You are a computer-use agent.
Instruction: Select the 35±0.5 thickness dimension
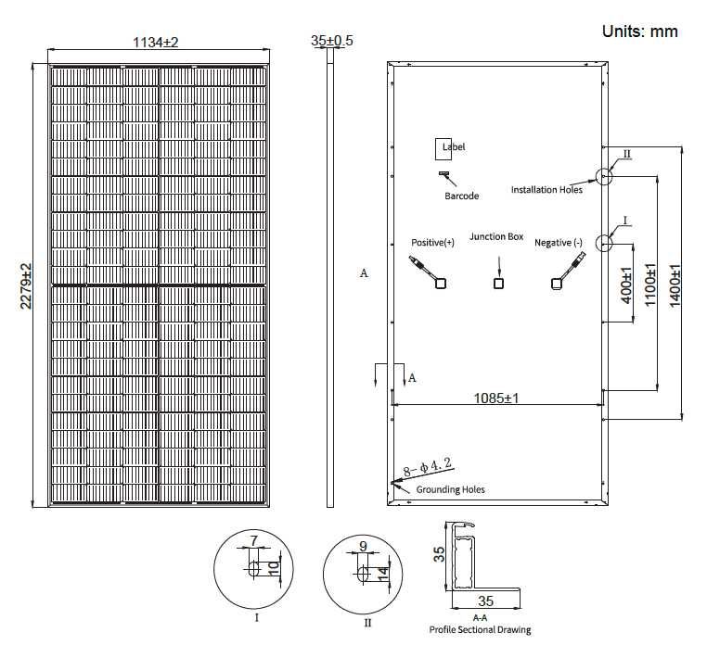[331, 41]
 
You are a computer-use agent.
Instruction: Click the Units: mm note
[640, 31]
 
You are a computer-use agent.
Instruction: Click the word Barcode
[461, 196]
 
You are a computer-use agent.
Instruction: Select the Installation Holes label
[546, 190]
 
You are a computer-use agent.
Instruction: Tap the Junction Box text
[496, 237]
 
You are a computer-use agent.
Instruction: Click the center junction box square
[499, 283]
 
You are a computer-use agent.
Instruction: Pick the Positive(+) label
[432, 243]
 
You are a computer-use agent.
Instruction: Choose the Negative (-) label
[559, 243]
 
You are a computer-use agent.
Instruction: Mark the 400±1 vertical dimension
[626, 285]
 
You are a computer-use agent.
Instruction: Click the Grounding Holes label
[450, 489]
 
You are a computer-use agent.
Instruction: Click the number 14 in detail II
[381, 574]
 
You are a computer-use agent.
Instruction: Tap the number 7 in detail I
[253, 539]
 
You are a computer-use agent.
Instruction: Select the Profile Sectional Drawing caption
[480, 630]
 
